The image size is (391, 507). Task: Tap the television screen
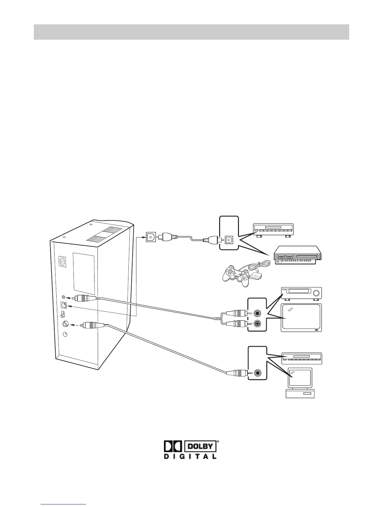pos(301,318)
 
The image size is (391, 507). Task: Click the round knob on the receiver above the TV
pos(317,293)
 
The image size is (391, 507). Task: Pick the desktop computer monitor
pos(299,377)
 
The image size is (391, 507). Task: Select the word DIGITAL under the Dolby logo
pos(190,456)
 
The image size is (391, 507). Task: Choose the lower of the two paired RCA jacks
pos(257,324)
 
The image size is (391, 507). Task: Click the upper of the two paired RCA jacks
pos(257,313)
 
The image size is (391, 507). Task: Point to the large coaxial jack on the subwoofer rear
pos(65,324)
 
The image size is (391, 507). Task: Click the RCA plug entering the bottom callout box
pos(237,373)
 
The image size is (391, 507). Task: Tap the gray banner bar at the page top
pos(191,32)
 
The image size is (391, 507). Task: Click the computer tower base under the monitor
pos(300,393)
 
